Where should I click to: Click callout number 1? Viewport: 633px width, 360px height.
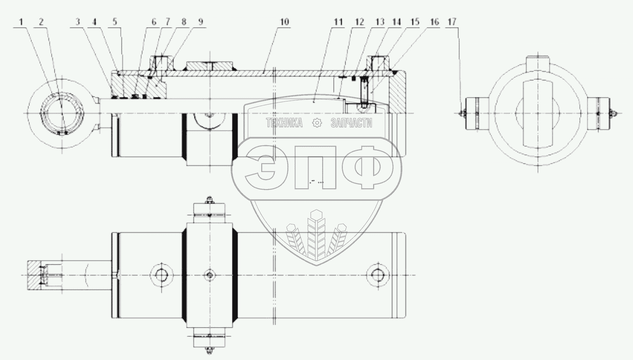point(21,22)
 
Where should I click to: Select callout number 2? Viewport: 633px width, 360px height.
point(41,22)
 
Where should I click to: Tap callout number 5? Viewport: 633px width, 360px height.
point(115,22)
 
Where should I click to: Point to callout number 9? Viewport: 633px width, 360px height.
point(201,22)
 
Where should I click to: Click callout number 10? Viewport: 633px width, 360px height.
point(285,22)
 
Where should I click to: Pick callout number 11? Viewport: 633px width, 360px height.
point(338,22)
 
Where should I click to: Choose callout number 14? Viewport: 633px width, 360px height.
point(396,22)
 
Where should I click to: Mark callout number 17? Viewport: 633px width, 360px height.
point(452,22)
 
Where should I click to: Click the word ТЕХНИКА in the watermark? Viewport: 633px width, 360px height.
point(284,123)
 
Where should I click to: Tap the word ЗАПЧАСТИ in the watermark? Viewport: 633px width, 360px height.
point(351,123)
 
